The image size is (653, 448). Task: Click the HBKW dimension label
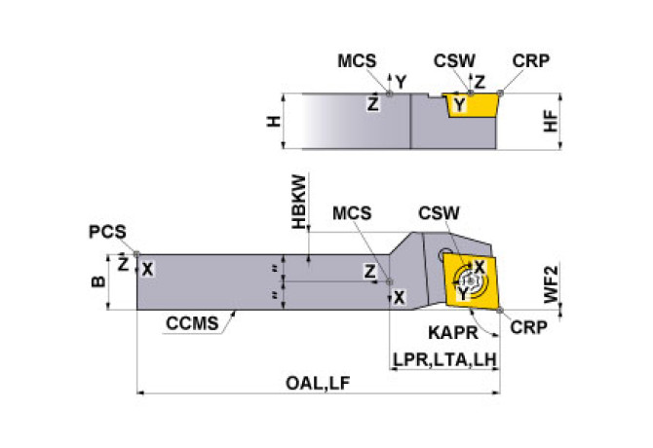(x=298, y=202)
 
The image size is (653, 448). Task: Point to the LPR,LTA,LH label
(x=445, y=360)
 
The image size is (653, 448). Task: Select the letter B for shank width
(x=96, y=282)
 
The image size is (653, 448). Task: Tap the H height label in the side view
(x=275, y=121)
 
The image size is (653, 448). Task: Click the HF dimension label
(x=552, y=121)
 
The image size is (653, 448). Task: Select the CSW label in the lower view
(x=440, y=213)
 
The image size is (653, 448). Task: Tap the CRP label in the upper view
(x=530, y=60)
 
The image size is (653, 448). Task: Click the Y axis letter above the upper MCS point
(x=400, y=82)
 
